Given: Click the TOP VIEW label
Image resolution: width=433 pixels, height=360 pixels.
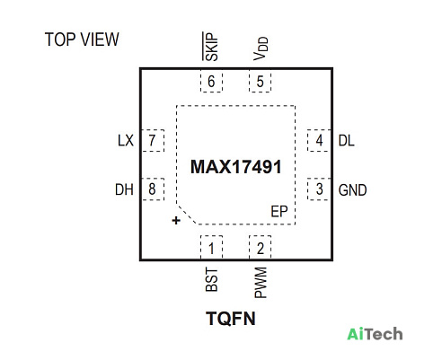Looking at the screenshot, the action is pyautogui.click(x=82, y=40).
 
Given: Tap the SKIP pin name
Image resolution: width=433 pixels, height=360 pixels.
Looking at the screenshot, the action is pyautogui.click(x=210, y=47).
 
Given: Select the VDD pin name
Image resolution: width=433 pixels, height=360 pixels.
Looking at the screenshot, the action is pyautogui.click(x=261, y=48).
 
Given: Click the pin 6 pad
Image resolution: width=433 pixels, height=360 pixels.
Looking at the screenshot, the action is pyautogui.click(x=211, y=81).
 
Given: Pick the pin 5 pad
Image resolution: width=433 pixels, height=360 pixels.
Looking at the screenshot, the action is pyautogui.click(x=260, y=81).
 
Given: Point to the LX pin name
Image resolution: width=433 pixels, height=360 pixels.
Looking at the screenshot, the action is pyautogui.click(x=126, y=141).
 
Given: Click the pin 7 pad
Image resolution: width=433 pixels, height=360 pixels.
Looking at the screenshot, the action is pyautogui.click(x=153, y=140).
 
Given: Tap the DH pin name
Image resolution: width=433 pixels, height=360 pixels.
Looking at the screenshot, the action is pyautogui.click(x=124, y=189).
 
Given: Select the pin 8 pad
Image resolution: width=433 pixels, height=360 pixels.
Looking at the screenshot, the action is pyautogui.click(x=153, y=189).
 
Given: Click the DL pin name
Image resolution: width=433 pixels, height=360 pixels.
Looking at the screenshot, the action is pyautogui.click(x=347, y=141).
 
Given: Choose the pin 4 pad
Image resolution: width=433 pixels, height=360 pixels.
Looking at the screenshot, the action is pyautogui.click(x=319, y=140).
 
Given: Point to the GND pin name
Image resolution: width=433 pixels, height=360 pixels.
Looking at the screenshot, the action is pyautogui.click(x=352, y=190).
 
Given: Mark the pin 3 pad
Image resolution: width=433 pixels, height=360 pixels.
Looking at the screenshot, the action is pyautogui.click(x=319, y=189).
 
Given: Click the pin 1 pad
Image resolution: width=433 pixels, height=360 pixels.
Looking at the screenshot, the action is pyautogui.click(x=211, y=248).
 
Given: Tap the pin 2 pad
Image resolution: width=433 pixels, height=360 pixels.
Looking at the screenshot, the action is pyautogui.click(x=260, y=248).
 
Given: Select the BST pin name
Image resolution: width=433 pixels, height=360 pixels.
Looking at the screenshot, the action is pyautogui.click(x=212, y=280).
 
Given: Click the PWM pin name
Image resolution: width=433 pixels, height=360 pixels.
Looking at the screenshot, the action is pyautogui.click(x=261, y=283).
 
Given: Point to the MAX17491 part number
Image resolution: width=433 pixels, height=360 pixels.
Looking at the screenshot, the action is pyautogui.click(x=236, y=167).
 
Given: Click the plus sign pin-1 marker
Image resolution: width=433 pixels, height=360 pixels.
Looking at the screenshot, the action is pyautogui.click(x=176, y=221).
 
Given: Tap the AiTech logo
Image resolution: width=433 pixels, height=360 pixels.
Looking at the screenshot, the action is pyautogui.click(x=375, y=334).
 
